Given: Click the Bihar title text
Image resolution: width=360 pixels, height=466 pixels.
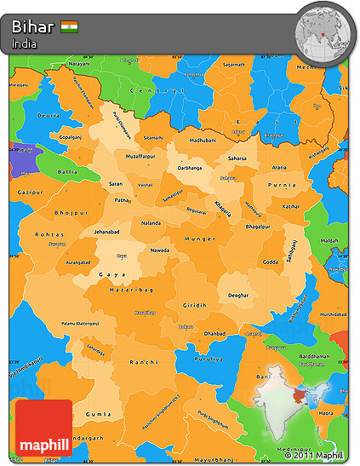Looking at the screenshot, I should pos(33,26).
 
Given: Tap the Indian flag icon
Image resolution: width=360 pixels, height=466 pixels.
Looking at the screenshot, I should pos(69,26).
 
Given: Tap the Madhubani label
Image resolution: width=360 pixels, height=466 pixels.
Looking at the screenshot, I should pos(203,140).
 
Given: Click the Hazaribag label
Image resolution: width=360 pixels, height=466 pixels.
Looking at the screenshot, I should pos(131,291).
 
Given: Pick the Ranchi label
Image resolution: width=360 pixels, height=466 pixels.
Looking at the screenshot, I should pos(146,362).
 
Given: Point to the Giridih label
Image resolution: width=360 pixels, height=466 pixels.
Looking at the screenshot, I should pos(194,305).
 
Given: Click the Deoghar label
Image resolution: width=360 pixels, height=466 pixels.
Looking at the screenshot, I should pos(238,295).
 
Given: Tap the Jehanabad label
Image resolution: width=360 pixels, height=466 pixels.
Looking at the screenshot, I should pos(110,232).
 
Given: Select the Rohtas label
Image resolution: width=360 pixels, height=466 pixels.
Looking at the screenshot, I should pos(47,234).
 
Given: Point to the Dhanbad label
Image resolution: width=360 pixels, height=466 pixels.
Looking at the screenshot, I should pos(214,333).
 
